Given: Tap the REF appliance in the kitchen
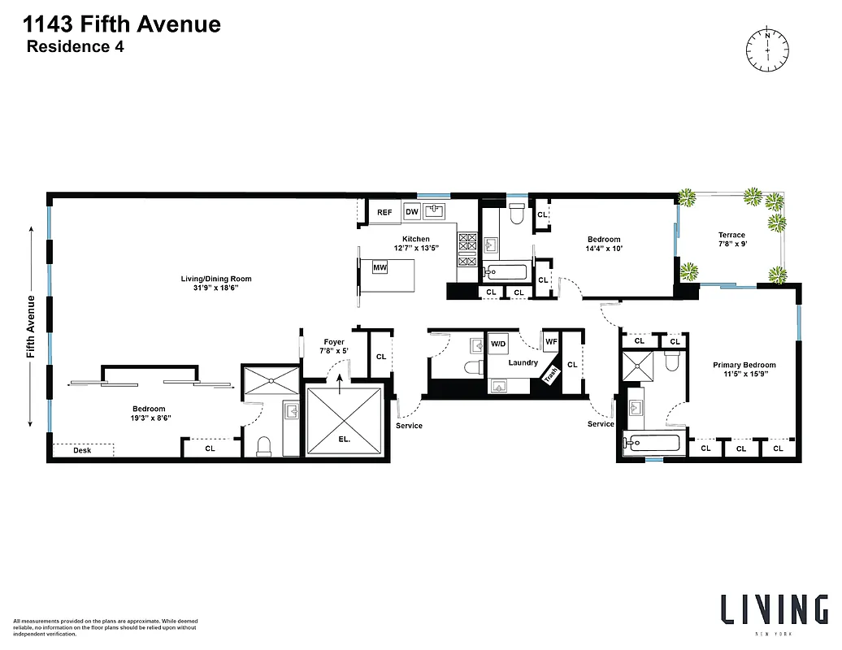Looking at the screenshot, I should tap(384, 213).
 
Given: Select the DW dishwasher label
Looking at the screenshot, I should tap(412, 213).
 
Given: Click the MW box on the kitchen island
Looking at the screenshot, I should tap(380, 267).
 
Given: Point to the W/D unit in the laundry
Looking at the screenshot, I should tap(498, 344).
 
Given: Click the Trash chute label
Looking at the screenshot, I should tap(551, 375).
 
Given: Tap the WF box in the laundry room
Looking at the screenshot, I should tap(551, 342).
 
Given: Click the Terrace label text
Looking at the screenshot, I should tap(731, 235).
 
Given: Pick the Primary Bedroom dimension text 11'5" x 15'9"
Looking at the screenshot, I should tap(744, 375).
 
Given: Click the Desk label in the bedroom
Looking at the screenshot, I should tap(82, 450).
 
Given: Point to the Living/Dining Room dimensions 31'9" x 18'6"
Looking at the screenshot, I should tap(210, 288).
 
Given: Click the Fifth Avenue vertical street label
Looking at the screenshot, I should tap(31, 326).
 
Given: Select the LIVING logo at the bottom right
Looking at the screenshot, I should tap(775, 609).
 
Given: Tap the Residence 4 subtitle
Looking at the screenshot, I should tap(76, 46).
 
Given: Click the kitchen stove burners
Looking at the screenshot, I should tap(468, 249).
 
